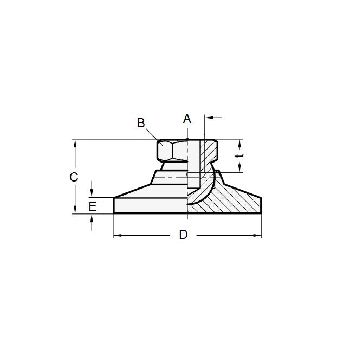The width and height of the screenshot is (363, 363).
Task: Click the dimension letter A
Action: (187, 118)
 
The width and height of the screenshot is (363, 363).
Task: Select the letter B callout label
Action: (141, 123)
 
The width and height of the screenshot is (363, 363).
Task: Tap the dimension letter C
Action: (74, 177)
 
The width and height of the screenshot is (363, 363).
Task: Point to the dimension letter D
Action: (184, 235)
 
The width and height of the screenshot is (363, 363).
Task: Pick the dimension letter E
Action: (93, 206)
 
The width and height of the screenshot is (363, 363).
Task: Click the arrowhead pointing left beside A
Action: (209, 116)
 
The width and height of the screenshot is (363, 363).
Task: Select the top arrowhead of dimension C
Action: (75, 142)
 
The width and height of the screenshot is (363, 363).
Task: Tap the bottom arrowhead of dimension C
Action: (75, 211)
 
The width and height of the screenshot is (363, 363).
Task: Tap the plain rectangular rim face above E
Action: (149, 206)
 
